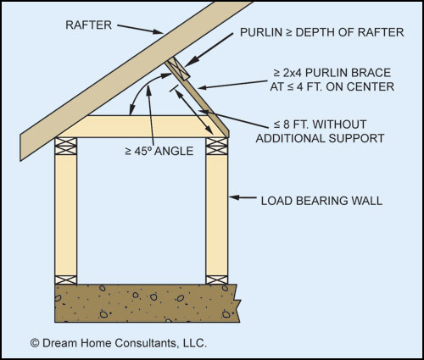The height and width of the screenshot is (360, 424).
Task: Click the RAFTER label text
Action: click(x=89, y=25)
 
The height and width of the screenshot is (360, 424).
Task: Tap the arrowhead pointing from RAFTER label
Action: click(x=158, y=31)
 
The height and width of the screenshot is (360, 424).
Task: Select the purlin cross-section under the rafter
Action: click(x=177, y=69)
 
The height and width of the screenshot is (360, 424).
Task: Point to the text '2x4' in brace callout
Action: click(x=292, y=73)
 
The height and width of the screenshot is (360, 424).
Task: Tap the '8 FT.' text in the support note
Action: click(x=296, y=125)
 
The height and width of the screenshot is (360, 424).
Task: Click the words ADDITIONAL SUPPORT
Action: click(x=320, y=138)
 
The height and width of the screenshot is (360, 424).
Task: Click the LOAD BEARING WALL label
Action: click(x=321, y=201)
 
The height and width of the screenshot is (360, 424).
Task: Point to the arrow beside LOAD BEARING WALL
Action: click(x=243, y=197)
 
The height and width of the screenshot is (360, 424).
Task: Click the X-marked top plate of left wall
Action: click(x=65, y=147)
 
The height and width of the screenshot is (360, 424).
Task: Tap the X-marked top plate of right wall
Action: click(x=217, y=147)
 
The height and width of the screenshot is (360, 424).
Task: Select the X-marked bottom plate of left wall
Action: click(x=65, y=280)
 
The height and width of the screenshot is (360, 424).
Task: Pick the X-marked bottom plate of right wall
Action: click(x=217, y=280)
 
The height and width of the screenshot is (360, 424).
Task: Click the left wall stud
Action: click(x=65, y=215)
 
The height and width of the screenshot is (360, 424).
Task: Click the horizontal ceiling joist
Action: click(x=142, y=126)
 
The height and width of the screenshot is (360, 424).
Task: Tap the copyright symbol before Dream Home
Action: click(x=35, y=343)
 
